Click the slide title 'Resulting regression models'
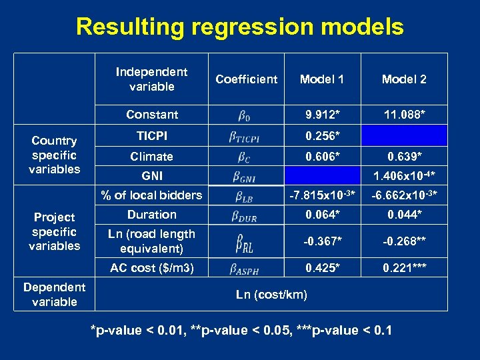pyautogui.click(x=239, y=27)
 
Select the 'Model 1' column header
pyautogui.click(x=322, y=79)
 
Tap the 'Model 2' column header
pyautogui.click(x=404, y=79)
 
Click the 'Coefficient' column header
pyautogui.click(x=246, y=79)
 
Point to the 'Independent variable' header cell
pyautogui.click(x=151, y=79)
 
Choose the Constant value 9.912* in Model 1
pyautogui.click(x=323, y=115)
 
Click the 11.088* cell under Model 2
pyautogui.click(x=404, y=115)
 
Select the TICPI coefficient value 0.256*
pyautogui.click(x=323, y=136)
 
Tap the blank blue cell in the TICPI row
pyautogui.click(x=404, y=136)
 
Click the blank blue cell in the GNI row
pyautogui.click(x=323, y=176)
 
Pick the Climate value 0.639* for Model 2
pyautogui.click(x=404, y=157)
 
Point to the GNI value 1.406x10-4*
pyautogui.click(x=404, y=176)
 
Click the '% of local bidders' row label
pyautogui.click(x=151, y=195)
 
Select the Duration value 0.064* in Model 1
pyautogui.click(x=323, y=215)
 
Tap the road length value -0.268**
pyautogui.click(x=404, y=241)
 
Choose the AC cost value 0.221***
pyautogui.click(x=404, y=268)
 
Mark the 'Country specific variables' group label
pyautogui.click(x=54, y=155)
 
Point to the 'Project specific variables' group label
pyautogui.click(x=54, y=231)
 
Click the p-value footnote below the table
pyautogui.click(x=241, y=331)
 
